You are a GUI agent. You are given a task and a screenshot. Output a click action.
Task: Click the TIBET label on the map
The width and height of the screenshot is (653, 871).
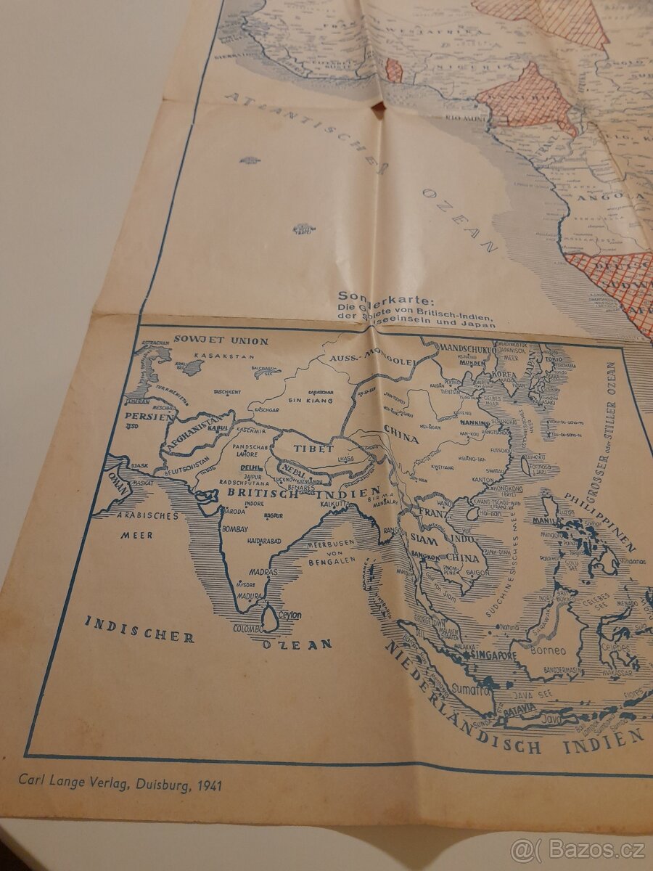pos(313,449)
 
